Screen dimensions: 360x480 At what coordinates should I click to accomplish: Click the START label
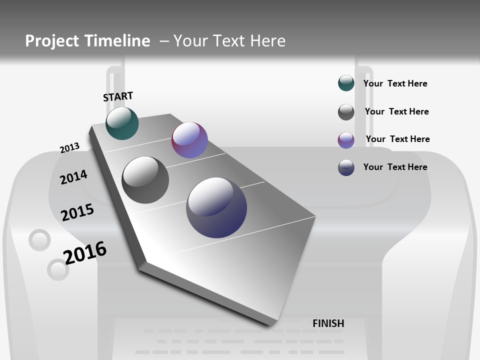click(118, 96)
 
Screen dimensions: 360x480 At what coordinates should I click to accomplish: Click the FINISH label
click(328, 323)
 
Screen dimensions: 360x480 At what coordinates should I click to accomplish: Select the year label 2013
click(69, 148)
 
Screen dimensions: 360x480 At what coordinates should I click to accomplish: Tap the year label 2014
click(73, 177)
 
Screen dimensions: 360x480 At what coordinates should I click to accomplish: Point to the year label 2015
click(77, 212)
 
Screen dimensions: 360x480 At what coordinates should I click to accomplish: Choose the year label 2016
click(85, 252)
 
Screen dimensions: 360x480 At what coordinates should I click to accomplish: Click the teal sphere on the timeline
click(122, 123)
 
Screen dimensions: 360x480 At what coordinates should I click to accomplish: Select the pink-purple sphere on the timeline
click(189, 140)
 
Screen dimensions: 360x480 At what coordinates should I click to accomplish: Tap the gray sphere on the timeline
click(145, 179)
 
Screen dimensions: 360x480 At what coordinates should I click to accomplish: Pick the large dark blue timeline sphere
click(216, 207)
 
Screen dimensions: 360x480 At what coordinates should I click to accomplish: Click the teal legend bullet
click(346, 83)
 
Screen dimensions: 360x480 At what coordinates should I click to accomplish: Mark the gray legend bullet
click(346, 112)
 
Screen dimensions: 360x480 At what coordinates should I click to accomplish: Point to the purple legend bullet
click(346, 140)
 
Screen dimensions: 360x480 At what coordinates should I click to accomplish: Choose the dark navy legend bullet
click(346, 167)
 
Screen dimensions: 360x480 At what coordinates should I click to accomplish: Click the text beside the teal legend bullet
click(395, 83)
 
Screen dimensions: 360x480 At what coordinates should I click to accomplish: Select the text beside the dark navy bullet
click(395, 167)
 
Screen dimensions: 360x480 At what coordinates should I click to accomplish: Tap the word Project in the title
click(51, 41)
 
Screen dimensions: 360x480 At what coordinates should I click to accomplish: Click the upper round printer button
click(39, 240)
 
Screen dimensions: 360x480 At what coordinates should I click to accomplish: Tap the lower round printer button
click(57, 270)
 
